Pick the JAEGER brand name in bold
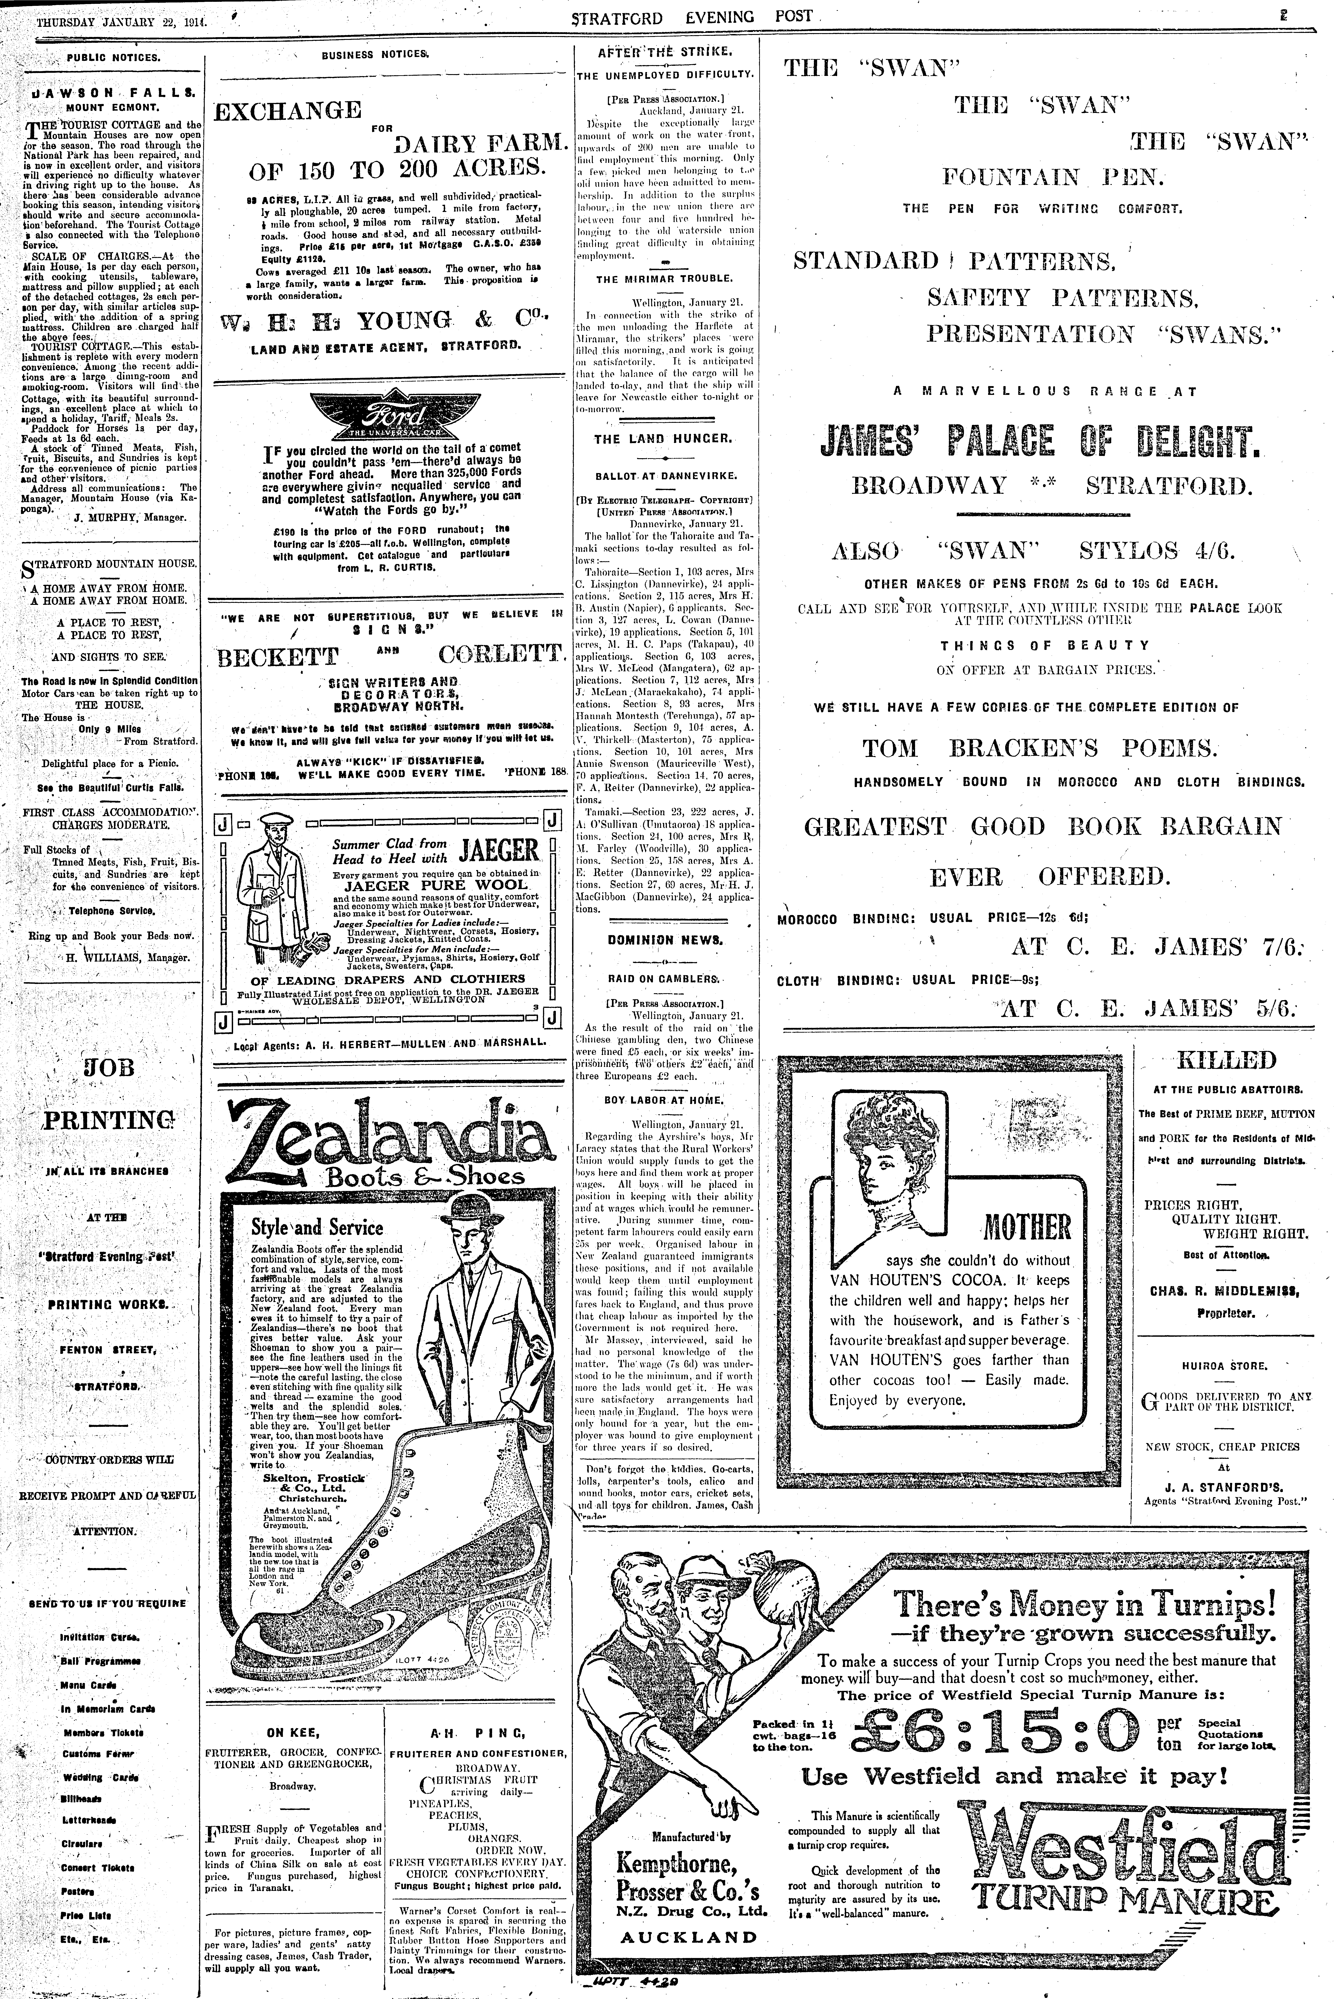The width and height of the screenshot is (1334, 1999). (x=498, y=850)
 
